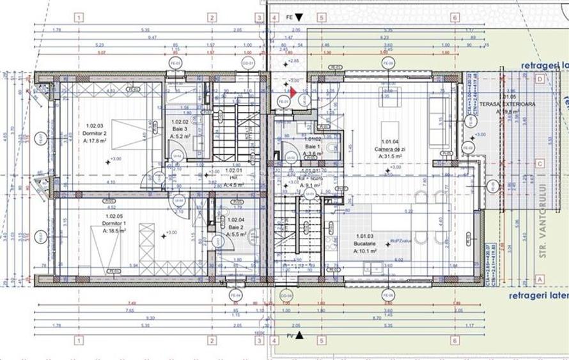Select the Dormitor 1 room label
point(115,224)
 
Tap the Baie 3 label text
point(180,129)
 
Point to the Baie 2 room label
point(236,227)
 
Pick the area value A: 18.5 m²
point(115,231)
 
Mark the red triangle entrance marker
point(293,92)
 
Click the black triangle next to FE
point(297,19)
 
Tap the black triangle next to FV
point(299,334)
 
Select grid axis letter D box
point(540,79)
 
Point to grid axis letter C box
point(540,162)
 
